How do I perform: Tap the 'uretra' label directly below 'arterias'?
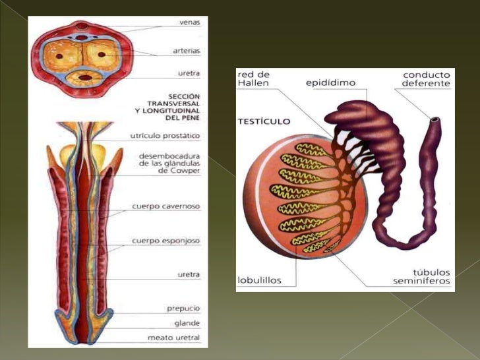click(x=189, y=73)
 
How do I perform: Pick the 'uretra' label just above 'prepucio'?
click(x=189, y=274)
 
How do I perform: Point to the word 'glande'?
click(x=187, y=323)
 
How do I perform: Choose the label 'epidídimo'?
click(x=330, y=83)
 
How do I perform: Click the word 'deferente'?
click(x=426, y=84)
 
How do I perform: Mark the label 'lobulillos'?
click(x=259, y=280)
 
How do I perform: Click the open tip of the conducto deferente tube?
click(x=435, y=121)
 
